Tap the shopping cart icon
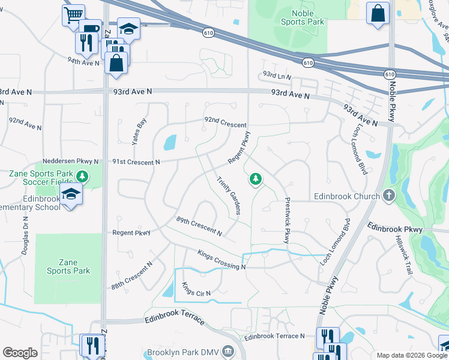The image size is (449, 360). pos(73,14)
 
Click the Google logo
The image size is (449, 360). pos(19,353)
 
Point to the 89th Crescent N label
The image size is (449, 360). pos(199,226)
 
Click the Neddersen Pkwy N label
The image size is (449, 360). pos(70,162)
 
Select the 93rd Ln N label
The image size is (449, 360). pos(276,76)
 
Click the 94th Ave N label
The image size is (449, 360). pos(83,62)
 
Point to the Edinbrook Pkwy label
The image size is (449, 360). pos(395,229)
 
